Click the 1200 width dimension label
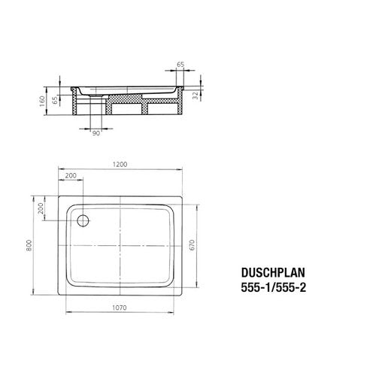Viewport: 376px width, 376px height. (120, 165)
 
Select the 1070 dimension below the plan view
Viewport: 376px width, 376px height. (120, 308)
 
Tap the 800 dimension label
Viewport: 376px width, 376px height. (29, 245)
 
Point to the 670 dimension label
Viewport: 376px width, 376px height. (192, 245)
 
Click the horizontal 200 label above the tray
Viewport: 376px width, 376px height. (71, 175)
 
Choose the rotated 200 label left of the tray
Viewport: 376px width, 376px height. (41, 208)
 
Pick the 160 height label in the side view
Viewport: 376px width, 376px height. (42, 102)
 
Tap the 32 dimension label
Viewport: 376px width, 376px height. (196, 96)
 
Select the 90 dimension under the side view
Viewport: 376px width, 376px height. (96, 133)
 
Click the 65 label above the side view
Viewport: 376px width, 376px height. (180, 65)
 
